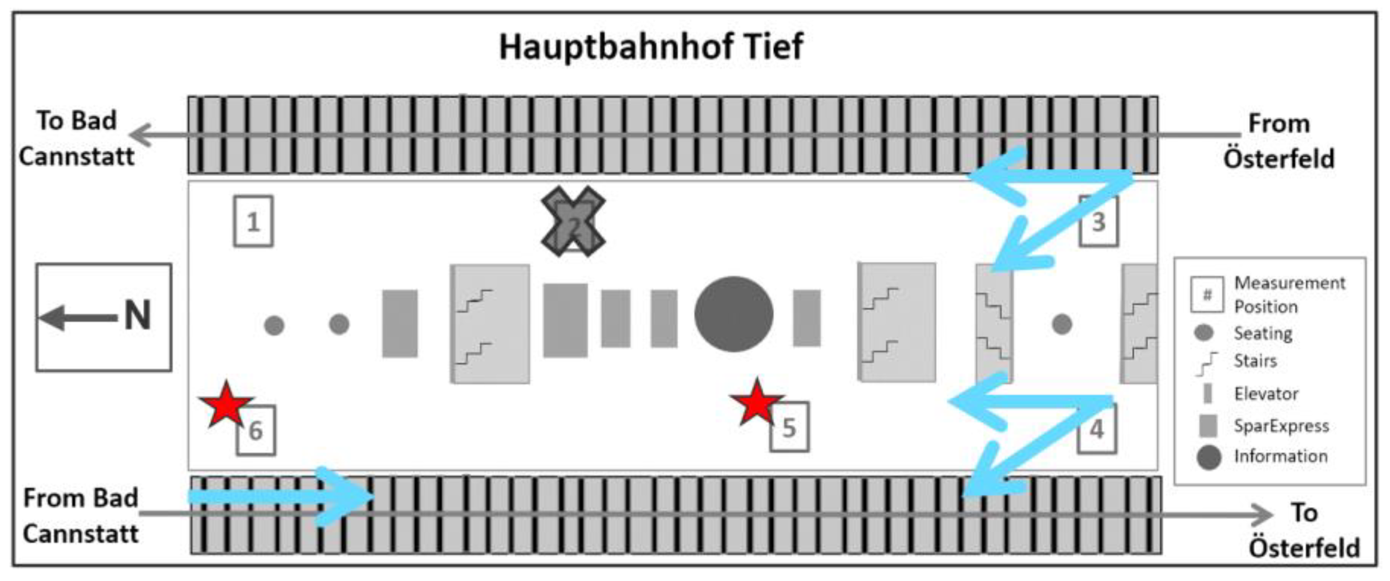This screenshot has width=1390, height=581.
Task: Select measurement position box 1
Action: pyautogui.click(x=253, y=221)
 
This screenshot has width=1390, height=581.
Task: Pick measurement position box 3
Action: pyautogui.click(x=1098, y=222)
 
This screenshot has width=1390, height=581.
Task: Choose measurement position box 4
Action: pyautogui.click(x=1096, y=429)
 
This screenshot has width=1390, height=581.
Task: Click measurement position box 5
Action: pyautogui.click(x=789, y=427)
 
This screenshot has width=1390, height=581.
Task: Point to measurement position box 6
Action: pyautogui.click(x=256, y=430)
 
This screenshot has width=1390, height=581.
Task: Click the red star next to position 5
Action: pyautogui.click(x=756, y=402)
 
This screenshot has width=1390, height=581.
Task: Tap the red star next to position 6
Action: pyautogui.click(x=226, y=405)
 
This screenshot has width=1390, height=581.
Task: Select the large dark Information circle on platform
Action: pyautogui.click(x=734, y=314)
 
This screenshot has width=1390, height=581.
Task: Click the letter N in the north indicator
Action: pyautogui.click(x=137, y=315)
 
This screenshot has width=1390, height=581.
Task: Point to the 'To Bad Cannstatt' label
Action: pyautogui.click(x=77, y=138)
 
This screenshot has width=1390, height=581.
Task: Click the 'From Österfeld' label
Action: pyautogui.click(x=1278, y=141)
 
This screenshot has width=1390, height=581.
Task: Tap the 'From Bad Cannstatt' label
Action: pyautogui.click(x=81, y=516)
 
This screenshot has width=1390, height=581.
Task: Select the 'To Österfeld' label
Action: pyautogui.click(x=1304, y=530)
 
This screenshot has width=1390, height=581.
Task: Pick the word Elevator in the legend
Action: pyautogui.click(x=1266, y=394)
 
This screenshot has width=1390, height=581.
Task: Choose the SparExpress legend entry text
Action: pyautogui.click(x=1281, y=426)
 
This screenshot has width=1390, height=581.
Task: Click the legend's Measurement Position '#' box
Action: pyautogui.click(x=1207, y=295)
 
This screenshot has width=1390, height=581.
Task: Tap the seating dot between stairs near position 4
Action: pyautogui.click(x=1062, y=324)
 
